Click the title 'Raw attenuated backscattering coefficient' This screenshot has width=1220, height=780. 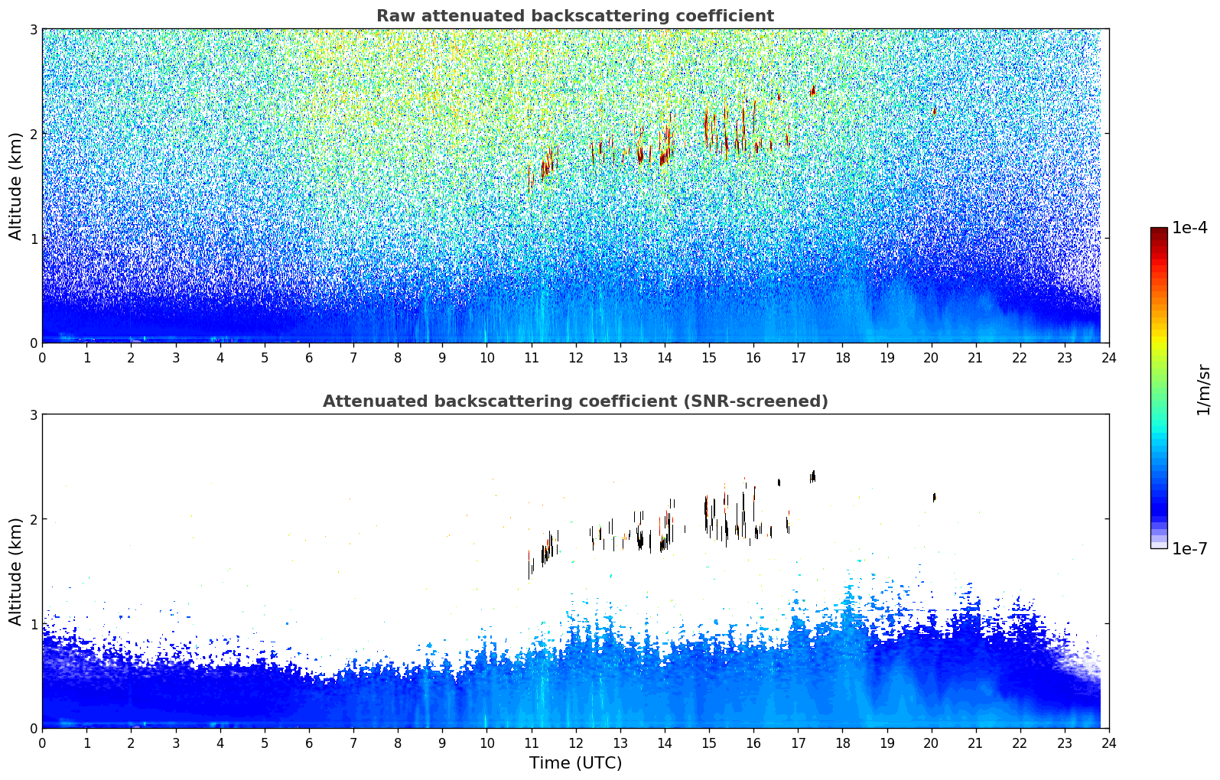(575, 16)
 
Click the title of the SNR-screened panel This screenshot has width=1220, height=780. (575, 401)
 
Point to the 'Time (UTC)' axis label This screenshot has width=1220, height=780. (575, 763)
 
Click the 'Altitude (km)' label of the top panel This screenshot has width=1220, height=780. (15, 187)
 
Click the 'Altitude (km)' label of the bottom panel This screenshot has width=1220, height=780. (15, 571)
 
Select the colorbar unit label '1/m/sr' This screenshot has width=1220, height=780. (1203, 391)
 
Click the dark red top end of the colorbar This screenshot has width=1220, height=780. (1159, 230)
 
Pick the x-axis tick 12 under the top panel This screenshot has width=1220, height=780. (576, 358)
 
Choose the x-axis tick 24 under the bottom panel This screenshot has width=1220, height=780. (1109, 743)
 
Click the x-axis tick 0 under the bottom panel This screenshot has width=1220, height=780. (43, 743)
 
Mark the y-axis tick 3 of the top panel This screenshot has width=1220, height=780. (33, 29)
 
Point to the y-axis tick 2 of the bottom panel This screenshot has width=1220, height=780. (33, 519)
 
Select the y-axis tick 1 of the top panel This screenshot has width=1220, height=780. (33, 239)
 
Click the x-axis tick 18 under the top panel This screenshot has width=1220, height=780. (843, 358)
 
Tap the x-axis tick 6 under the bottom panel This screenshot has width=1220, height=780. (309, 743)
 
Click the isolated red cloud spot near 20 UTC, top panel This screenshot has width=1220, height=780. (934, 111)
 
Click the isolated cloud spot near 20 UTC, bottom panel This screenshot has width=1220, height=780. (934, 497)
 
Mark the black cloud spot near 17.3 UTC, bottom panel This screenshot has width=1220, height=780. (812, 476)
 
